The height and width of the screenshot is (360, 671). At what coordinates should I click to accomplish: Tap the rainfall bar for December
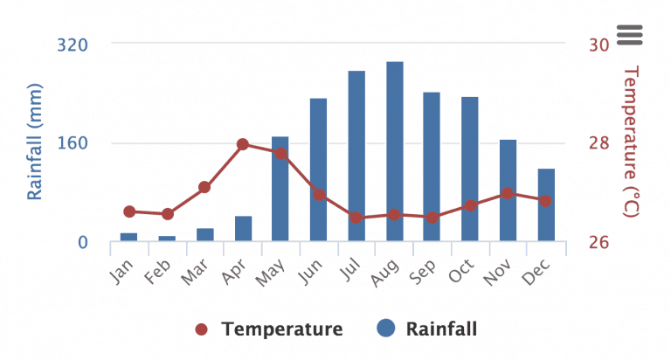(546, 204)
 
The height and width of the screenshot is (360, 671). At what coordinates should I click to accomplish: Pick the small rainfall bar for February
(167, 238)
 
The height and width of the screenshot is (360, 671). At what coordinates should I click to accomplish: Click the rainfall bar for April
(243, 228)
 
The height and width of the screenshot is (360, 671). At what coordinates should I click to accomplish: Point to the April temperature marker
(243, 144)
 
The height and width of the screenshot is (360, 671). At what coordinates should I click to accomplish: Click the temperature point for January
(129, 211)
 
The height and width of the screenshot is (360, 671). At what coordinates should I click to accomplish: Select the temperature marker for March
(204, 187)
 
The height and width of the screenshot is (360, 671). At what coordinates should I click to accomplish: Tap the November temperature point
(508, 193)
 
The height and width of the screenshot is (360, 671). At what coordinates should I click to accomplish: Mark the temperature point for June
(319, 195)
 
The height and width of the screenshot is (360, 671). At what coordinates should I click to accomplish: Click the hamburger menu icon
(629, 34)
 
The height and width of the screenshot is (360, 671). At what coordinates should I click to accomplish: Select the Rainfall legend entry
(428, 329)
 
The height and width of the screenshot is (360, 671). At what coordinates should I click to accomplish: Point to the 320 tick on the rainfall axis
(73, 45)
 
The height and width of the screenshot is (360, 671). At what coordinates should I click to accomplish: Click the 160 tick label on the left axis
(73, 143)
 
